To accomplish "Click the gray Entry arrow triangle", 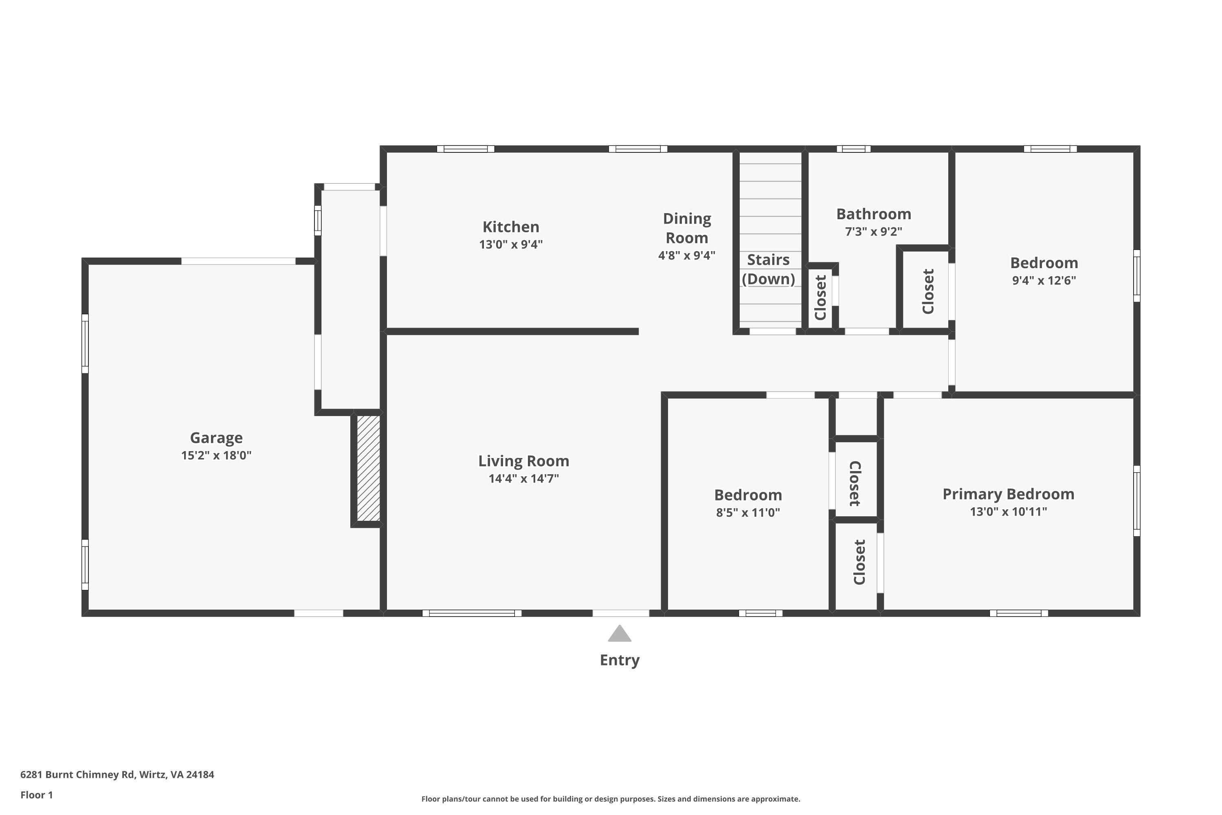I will click(619, 634).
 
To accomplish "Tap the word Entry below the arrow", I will click(619, 660).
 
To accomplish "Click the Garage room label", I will click(216, 438).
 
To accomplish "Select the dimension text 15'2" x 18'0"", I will click(216, 455).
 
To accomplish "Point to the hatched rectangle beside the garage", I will click(368, 468).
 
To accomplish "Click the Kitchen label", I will click(511, 227).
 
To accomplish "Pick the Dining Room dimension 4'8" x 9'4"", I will click(686, 255).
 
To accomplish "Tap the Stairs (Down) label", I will click(768, 269).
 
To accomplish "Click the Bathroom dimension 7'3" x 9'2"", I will click(873, 231).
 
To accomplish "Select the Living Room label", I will click(524, 461).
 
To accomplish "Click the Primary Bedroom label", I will click(1008, 494).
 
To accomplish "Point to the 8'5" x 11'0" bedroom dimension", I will click(747, 513).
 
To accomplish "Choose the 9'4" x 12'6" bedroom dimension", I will click(1043, 281).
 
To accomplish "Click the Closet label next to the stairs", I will click(820, 297).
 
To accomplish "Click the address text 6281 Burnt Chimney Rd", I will click(117, 775).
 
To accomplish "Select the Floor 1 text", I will click(36, 795).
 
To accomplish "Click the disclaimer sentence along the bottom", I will click(611, 799).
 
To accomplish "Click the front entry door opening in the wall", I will click(621, 613).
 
